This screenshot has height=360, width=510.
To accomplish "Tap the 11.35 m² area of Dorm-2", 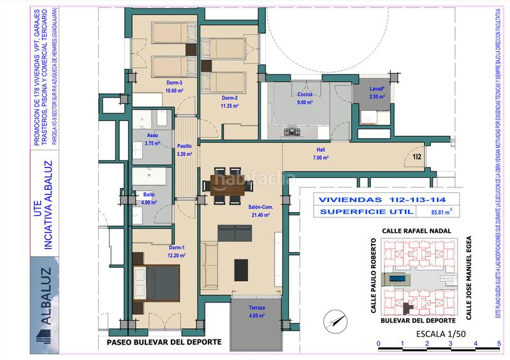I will tap(230, 106).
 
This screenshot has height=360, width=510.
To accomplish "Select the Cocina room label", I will tap(305, 94).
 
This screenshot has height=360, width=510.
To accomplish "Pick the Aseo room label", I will tap(151, 135).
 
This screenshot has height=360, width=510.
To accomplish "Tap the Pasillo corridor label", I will tap(184, 146).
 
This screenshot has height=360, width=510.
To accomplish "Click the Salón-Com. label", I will tap(261, 207).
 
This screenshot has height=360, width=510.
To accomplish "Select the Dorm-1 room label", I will tap(177, 247).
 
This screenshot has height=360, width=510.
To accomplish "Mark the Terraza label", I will tap(258, 307).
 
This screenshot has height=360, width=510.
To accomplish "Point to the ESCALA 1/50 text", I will tap(439, 333).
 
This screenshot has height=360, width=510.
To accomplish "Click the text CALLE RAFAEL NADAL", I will tap(416, 231).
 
